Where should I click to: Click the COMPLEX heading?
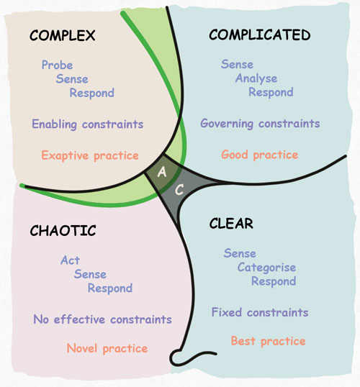[x=62, y=36]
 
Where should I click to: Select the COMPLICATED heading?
[x=259, y=35]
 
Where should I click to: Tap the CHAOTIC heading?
[x=63, y=231]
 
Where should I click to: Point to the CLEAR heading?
[x=231, y=224]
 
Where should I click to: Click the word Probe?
[x=57, y=65]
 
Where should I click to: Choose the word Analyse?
[x=256, y=78]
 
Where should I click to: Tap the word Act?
[x=70, y=260]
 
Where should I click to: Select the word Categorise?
[x=266, y=268]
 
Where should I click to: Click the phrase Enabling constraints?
[x=87, y=124]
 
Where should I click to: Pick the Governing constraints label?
[x=260, y=123]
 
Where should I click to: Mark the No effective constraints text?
[x=102, y=319]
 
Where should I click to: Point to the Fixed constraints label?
[x=259, y=312]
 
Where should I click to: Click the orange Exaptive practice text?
[x=90, y=155]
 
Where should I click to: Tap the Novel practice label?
[x=107, y=349]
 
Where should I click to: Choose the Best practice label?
[x=268, y=341]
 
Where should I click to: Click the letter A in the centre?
[x=163, y=172]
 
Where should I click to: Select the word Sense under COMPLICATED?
[x=237, y=65]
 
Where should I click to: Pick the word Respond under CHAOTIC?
[x=110, y=288]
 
